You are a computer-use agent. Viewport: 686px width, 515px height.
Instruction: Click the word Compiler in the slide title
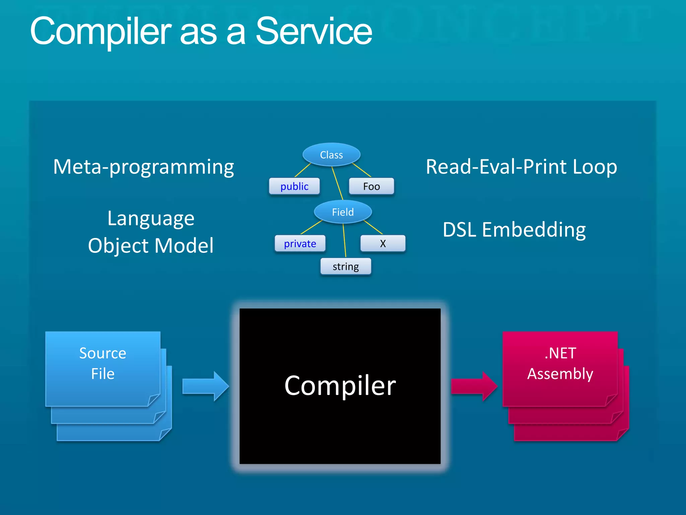pyautogui.click(x=100, y=32)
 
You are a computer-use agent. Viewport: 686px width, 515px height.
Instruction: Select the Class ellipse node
pyautogui.click(x=331, y=155)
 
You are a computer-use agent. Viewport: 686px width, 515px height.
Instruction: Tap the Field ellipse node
pyautogui.click(x=343, y=212)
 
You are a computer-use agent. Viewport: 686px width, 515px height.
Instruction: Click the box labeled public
pyautogui.click(x=294, y=186)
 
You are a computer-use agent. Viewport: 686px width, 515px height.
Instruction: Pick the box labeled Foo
pyautogui.click(x=371, y=186)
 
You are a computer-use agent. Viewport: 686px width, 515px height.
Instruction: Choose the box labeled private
pyautogui.click(x=300, y=244)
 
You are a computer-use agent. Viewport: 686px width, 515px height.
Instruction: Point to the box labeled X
pyautogui.click(x=383, y=244)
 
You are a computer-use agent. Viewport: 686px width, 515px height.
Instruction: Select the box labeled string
pyautogui.click(x=346, y=267)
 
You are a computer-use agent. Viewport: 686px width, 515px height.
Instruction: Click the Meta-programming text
pyautogui.click(x=143, y=167)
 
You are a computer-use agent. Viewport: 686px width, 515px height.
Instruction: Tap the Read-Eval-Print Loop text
pyautogui.click(x=521, y=167)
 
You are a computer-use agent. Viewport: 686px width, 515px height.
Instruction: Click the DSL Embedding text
pyautogui.click(x=514, y=230)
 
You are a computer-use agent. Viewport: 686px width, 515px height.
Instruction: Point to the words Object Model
pyautogui.click(x=151, y=245)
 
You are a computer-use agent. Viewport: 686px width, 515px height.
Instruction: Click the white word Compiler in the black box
pyautogui.click(x=340, y=386)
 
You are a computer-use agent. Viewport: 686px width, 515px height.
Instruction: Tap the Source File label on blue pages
pyautogui.click(x=103, y=363)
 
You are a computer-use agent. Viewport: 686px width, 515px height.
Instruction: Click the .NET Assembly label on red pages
pyautogui.click(x=560, y=363)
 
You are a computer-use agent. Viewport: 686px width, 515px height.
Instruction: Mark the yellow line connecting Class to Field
pyautogui.click(x=337, y=183)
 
